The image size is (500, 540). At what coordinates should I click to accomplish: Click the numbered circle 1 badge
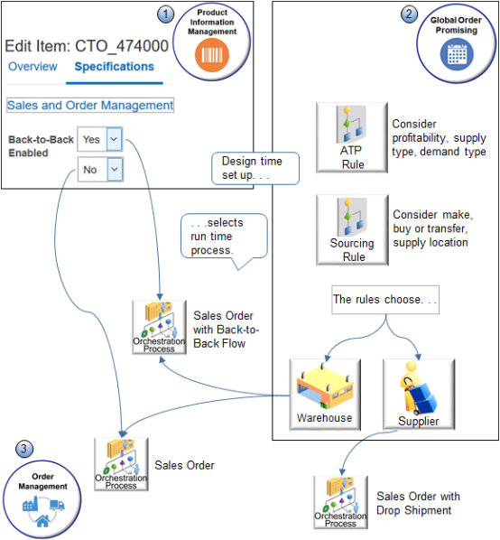(x=164, y=14)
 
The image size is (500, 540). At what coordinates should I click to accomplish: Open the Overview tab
(x=32, y=67)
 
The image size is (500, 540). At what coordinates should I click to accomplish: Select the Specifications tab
(x=114, y=67)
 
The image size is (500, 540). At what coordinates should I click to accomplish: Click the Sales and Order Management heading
(x=90, y=105)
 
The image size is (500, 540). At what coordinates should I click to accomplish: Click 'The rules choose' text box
(x=384, y=300)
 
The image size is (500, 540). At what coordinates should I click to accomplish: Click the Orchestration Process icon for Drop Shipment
(x=340, y=501)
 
